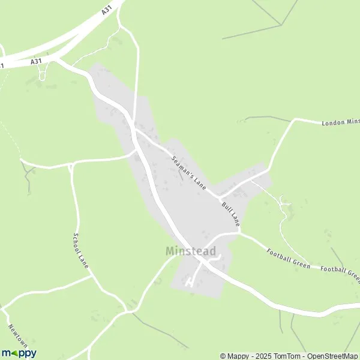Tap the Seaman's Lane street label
click(189, 174)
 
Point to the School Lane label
click(80, 251)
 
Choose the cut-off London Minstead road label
click(340, 123)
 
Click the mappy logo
click(19, 353)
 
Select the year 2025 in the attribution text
click(260, 356)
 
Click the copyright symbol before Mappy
click(223, 356)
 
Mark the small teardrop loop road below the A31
click(43, 73)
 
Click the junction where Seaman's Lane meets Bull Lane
click(220, 197)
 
